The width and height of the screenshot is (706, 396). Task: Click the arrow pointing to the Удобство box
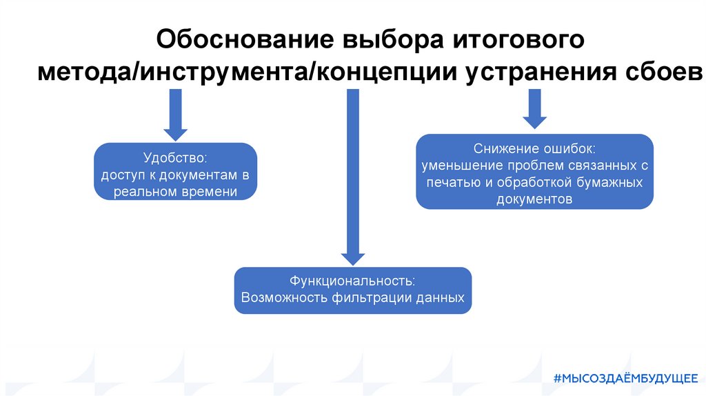click(x=175, y=115)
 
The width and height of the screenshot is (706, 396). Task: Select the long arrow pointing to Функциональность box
click(x=352, y=179)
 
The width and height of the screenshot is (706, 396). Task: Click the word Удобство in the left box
click(x=175, y=158)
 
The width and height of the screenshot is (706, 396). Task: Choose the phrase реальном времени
click(x=175, y=192)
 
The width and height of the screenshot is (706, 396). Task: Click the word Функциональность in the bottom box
click(x=352, y=281)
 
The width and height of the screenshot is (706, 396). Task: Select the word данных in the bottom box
click(x=441, y=299)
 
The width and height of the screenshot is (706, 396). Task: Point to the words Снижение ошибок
click(x=534, y=149)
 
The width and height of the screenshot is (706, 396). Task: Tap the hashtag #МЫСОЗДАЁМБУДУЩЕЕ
click(x=625, y=377)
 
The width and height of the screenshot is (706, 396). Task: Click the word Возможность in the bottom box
click(x=283, y=299)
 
